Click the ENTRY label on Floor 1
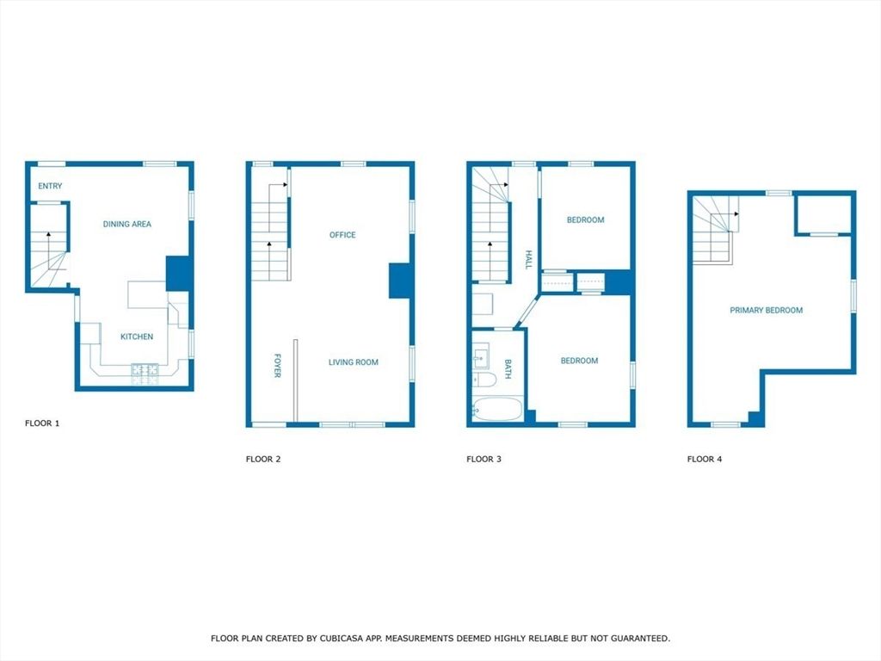pos(50,186)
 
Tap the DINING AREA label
pos(127,224)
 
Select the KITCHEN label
pos(137,337)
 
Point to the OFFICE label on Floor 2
pos(342,235)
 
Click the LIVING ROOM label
pos(353,362)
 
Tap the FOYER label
pos(278,366)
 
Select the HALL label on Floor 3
pos(529,260)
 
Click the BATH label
pos(508,368)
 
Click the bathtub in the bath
pos(496,409)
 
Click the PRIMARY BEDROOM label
pos(766,311)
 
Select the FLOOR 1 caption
pos(42,423)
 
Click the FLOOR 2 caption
pos(263,460)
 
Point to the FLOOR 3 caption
pos(484,460)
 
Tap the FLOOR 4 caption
pos(705,460)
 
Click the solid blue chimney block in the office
pos(400,281)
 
